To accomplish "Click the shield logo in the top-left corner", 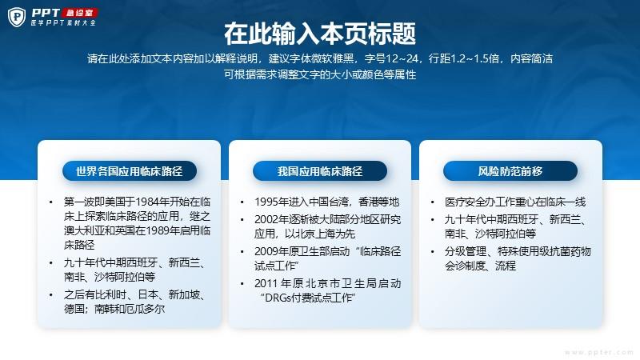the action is click(17, 17).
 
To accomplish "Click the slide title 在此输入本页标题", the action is click(320, 34).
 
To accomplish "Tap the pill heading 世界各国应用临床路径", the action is click(130, 171).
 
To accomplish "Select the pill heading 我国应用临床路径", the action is click(320, 171).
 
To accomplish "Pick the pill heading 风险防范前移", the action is click(510, 171).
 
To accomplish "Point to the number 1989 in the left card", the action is click(156, 230).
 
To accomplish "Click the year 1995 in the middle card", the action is click(266, 202).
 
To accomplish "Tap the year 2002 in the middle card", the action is click(266, 219).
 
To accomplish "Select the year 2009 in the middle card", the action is click(266, 251).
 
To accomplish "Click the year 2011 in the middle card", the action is click(266, 283).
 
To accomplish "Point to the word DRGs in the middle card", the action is click(277, 298).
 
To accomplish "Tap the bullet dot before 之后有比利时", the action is click(50, 294).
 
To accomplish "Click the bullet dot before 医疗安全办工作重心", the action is click(432, 202).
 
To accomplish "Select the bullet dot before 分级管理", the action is click(432, 251).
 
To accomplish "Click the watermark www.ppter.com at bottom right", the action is click(599, 352).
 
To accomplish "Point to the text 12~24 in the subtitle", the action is click(402, 58).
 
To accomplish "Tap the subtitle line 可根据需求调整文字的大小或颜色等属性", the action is click(320, 74).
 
